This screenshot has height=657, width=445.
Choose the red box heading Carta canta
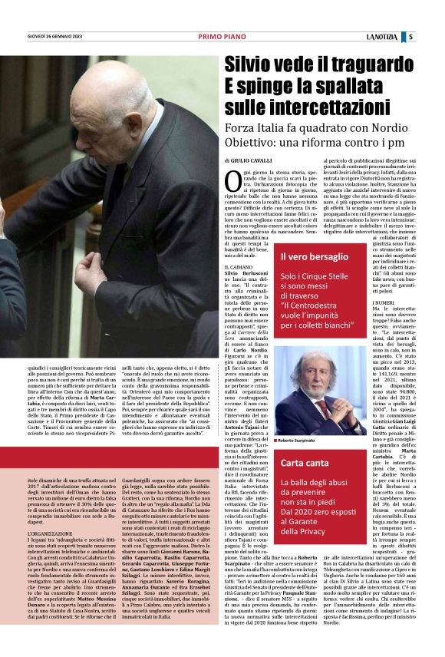(305, 464)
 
